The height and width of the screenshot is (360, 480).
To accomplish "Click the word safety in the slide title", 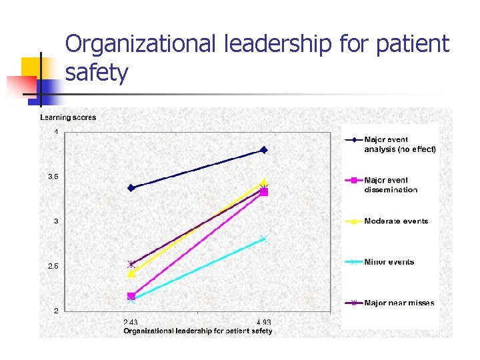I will (97, 72).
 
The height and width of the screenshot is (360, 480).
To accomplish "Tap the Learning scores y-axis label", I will (68, 117).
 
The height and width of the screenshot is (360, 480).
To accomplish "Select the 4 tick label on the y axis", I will (56, 132).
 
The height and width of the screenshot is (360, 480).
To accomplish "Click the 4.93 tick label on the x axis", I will (264, 323).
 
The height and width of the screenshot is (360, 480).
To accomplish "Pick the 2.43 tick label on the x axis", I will (131, 323).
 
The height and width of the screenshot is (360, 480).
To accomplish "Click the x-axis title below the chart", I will (197, 331).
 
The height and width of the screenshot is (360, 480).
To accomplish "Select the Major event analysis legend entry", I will (399, 145).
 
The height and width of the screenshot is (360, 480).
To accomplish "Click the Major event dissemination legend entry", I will (391, 185).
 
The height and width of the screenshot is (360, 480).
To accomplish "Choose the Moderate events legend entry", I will (396, 221).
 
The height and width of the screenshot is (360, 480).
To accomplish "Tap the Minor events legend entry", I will (389, 262).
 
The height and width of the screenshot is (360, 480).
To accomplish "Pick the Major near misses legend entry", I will (399, 303).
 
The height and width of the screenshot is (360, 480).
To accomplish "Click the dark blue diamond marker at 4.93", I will (264, 150).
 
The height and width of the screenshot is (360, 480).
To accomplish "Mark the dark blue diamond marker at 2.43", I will (131, 188).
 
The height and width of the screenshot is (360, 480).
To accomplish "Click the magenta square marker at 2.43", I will (131, 296).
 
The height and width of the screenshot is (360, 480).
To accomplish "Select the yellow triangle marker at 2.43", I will (131, 273).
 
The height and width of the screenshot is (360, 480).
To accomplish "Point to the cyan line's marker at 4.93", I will (264, 239).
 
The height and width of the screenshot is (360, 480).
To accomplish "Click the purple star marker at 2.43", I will (131, 264).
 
